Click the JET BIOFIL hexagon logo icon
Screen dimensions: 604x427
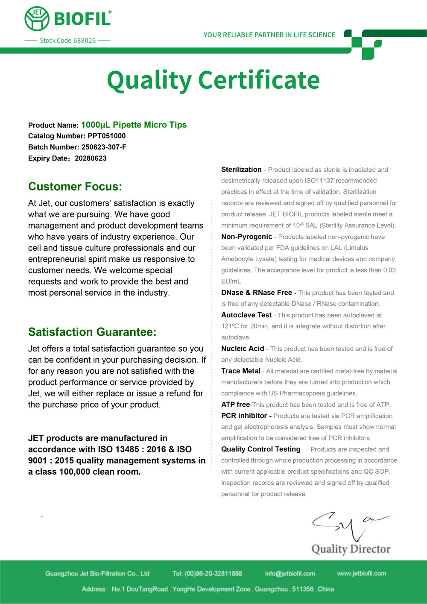[37, 19]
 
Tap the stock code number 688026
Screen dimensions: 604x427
[85, 41]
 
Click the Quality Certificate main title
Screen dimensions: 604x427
[213, 80]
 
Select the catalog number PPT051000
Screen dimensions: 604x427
[107, 136]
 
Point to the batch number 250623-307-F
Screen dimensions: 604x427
[104, 147]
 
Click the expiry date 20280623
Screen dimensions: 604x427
[91, 158]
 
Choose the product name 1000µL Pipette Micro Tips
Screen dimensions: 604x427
[134, 125]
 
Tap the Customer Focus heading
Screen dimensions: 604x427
[75, 187]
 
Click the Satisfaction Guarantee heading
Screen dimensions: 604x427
[92, 332]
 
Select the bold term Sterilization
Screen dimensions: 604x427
[241, 170]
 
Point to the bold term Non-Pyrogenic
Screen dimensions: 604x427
[246, 237]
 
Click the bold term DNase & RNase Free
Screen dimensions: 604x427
[257, 293]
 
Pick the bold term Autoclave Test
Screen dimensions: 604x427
[246, 315]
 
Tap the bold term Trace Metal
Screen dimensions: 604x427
[241, 371]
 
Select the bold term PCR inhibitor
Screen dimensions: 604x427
[244, 416]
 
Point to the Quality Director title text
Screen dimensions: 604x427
[351, 549]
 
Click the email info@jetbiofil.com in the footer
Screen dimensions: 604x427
[290, 573]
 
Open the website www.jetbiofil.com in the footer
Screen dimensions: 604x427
[361, 573]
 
